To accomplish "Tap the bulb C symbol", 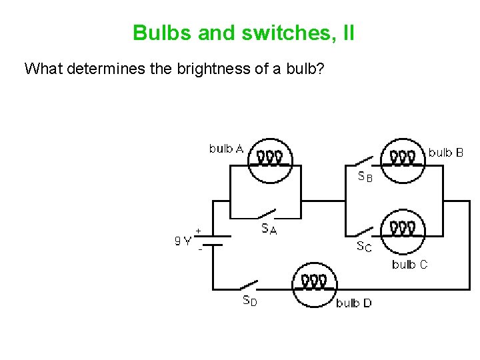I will tap(403, 231).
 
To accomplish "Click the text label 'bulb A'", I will tap(226, 148).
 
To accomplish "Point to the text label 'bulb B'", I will tap(445, 152).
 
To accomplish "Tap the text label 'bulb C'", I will tap(410, 265).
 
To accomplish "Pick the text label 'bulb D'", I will tap(353, 303).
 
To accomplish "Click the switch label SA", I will tap(269, 229).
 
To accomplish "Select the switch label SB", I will tap(365, 177).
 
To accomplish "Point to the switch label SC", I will tap(364, 247).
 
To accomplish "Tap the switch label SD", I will tap(249, 301).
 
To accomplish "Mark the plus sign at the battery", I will tap(198, 230).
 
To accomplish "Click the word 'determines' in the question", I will tap(97, 69).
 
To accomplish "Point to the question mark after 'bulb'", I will tap(321, 69).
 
